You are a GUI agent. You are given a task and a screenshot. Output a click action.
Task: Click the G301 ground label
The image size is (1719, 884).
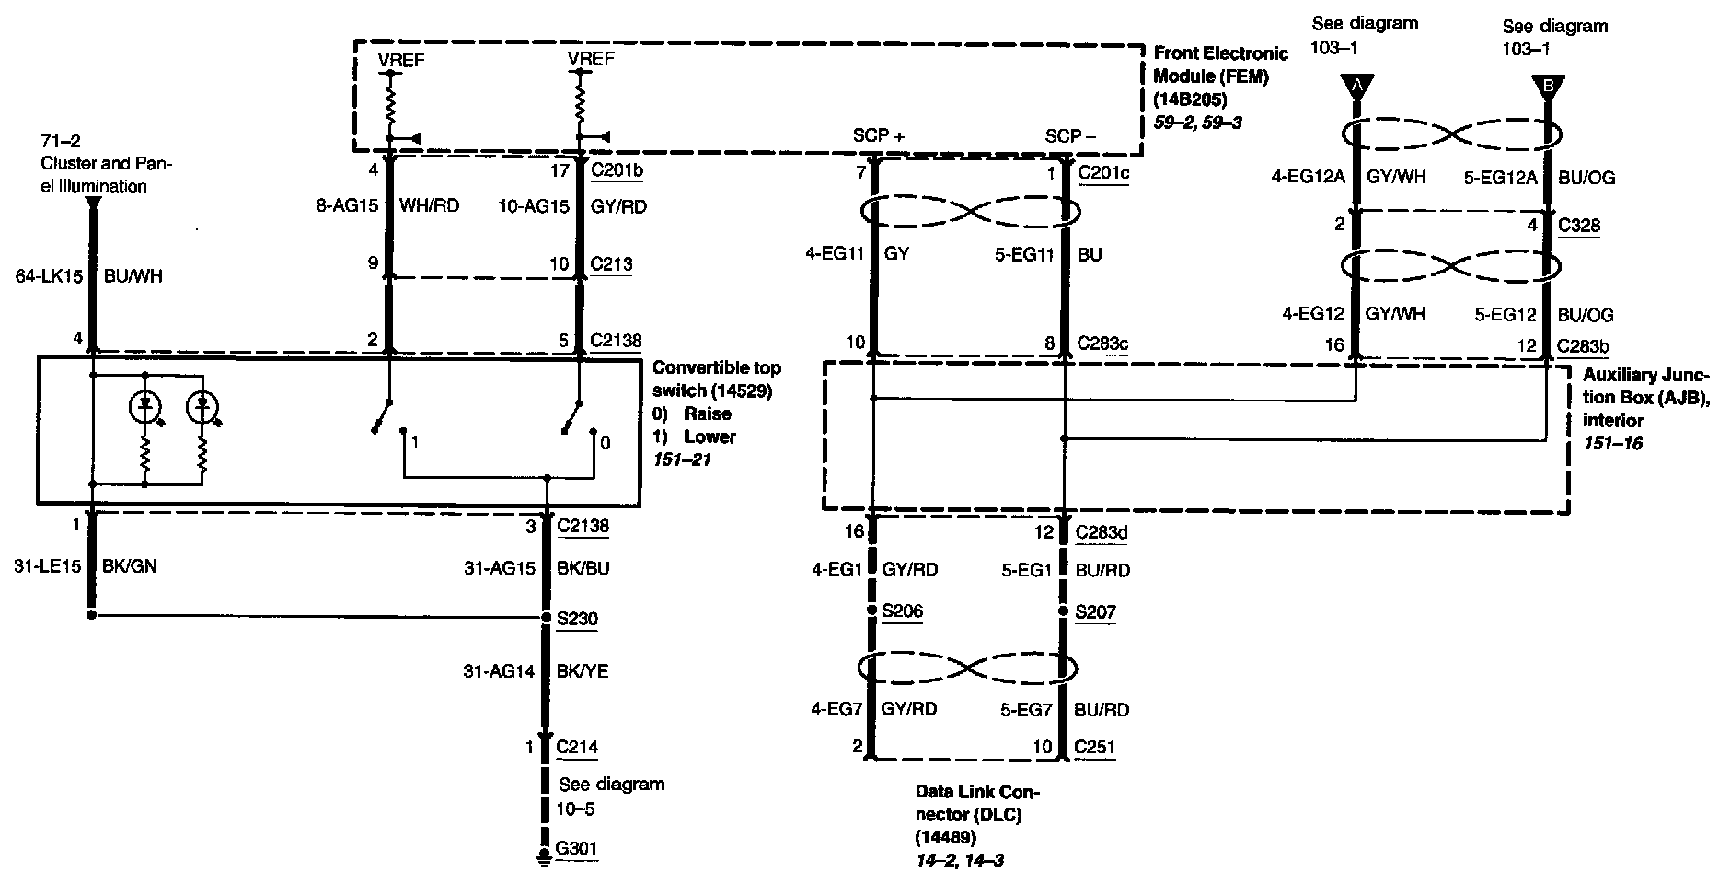[578, 847]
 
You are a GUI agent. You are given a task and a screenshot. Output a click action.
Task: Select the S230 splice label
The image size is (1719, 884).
[577, 617]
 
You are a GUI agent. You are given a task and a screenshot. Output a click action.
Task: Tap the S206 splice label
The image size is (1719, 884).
[902, 611]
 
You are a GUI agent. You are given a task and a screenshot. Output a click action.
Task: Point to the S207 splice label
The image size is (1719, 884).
[1095, 611]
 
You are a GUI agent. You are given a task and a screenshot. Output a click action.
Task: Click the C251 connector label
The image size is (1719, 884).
[1095, 747]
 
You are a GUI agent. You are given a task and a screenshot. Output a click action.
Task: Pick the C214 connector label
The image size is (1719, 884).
[577, 747]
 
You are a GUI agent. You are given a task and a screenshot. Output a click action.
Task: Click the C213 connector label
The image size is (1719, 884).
[612, 264]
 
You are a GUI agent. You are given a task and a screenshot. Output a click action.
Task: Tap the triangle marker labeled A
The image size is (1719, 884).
[1356, 87]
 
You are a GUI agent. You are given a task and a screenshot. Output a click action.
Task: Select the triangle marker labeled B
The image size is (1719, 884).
[1548, 87]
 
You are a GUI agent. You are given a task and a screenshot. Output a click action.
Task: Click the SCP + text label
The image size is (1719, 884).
[879, 135]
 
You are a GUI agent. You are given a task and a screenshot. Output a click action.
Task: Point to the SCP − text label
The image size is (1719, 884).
[1070, 135]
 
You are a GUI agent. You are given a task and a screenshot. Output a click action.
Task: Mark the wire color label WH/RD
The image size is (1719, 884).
[429, 206]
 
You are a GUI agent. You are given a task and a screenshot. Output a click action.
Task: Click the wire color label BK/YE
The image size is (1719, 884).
[583, 672]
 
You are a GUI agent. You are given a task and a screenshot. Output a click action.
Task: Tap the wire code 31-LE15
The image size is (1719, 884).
[48, 567]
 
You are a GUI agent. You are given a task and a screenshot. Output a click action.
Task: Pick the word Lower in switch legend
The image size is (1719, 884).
[710, 436]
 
